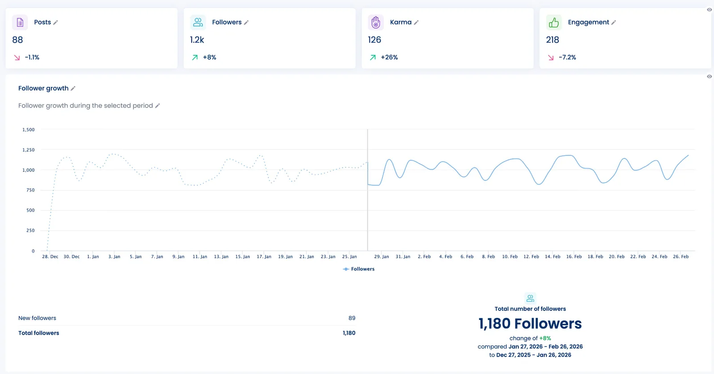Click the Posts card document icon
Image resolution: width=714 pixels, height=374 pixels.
[20, 22]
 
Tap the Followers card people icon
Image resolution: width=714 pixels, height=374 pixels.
[198, 22]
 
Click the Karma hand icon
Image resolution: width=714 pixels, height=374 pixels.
[376, 22]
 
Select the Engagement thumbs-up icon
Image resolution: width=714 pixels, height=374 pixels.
[554, 22]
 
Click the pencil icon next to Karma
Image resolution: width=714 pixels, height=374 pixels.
[416, 22]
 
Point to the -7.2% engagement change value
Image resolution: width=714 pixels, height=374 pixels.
[567, 58]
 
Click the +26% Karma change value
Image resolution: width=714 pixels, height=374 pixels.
[389, 58]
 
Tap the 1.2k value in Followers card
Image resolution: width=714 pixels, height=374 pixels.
[197, 40]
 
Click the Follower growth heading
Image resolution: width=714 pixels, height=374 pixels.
[43, 88]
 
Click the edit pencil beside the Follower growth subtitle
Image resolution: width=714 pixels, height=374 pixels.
[158, 106]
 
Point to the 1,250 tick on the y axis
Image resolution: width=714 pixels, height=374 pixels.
[29, 150]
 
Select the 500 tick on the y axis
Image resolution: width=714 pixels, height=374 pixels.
[30, 210]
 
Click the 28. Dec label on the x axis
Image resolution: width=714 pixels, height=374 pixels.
[50, 257]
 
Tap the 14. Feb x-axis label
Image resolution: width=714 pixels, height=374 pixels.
[552, 257]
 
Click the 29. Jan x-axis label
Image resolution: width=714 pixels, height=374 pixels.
[382, 257]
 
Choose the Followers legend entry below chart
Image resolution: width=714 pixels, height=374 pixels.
[359, 269]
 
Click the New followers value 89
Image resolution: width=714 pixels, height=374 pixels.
[352, 318]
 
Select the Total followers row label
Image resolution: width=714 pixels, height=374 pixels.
[39, 333]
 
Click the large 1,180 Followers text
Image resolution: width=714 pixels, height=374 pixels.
[530, 324]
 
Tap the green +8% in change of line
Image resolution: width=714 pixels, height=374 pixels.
[545, 338]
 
